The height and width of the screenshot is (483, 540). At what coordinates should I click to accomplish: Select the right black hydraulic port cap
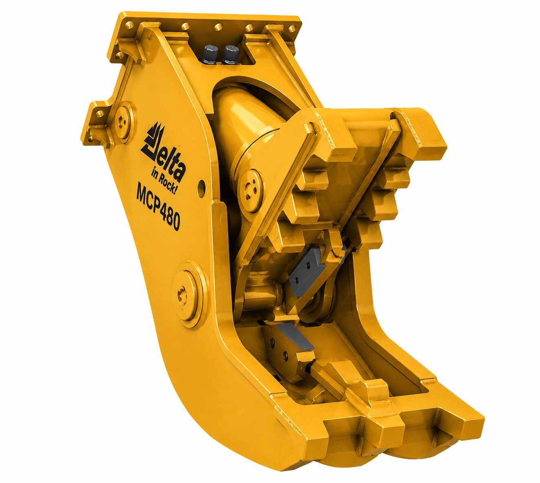tap(230, 55)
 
